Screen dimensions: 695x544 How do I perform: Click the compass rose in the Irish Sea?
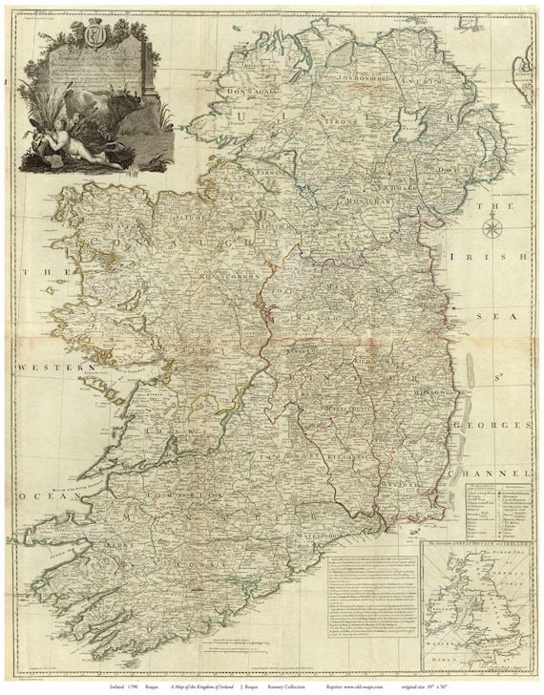493,227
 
